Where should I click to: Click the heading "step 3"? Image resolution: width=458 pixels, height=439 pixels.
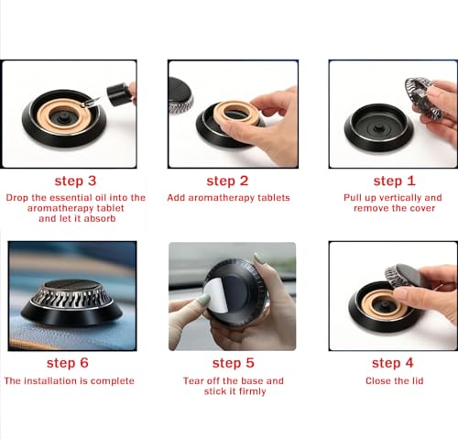pyautogui.click(x=75, y=181)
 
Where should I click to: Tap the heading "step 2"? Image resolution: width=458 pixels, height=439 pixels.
pyautogui.click(x=227, y=181)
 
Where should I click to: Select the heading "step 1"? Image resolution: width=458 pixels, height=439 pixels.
pyautogui.click(x=394, y=181)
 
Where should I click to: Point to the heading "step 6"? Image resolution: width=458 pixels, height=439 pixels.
pyautogui.click(x=68, y=363)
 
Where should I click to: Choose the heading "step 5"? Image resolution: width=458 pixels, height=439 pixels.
pyautogui.click(x=234, y=363)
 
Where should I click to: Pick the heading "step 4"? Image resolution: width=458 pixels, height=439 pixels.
pyautogui.click(x=393, y=363)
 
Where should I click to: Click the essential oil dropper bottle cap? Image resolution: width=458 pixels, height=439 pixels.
pyautogui.click(x=117, y=93)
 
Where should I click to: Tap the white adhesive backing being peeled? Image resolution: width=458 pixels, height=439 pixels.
pyautogui.click(x=216, y=295)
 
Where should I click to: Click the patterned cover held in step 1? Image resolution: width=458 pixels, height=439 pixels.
pyautogui.click(x=423, y=97)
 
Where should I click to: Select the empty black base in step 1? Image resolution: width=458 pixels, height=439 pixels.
pyautogui.click(x=378, y=127)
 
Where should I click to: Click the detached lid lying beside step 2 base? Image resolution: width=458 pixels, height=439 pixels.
pyautogui.click(x=180, y=95)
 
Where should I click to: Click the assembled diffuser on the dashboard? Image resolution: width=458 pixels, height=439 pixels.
pyautogui.click(x=71, y=302)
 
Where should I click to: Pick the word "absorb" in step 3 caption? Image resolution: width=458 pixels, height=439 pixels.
pyautogui.click(x=100, y=218)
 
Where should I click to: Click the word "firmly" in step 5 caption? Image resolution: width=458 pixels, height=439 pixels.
pyautogui.click(x=249, y=391)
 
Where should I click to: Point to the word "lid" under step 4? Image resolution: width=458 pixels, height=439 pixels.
pyautogui.click(x=417, y=381)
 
